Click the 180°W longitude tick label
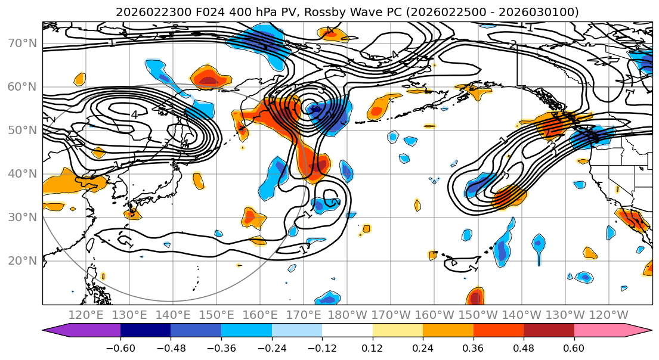(x=348, y=315)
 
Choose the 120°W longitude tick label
(x=609, y=315)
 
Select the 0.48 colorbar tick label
(x=524, y=347)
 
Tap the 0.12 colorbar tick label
(x=373, y=347)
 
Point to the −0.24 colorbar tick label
(x=271, y=347)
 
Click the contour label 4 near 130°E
(x=134, y=114)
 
